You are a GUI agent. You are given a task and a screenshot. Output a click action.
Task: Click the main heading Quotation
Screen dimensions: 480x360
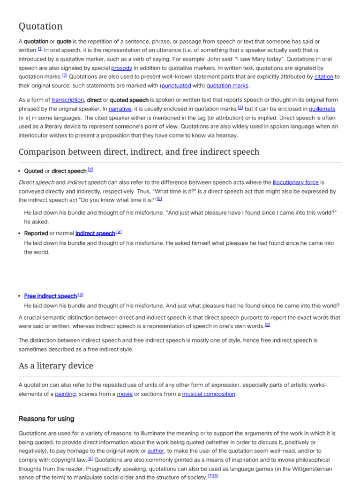pyautogui.click(x=40, y=26)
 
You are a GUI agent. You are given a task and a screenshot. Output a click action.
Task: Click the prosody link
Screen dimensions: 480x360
pyautogui.click(x=121, y=68)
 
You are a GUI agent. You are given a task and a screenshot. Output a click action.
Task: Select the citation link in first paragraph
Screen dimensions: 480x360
pyautogui.click(x=323, y=77)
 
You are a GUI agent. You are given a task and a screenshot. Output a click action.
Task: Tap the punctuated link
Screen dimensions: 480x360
pyautogui.click(x=176, y=86)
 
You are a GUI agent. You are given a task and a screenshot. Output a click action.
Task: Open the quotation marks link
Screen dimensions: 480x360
pyautogui.click(x=228, y=86)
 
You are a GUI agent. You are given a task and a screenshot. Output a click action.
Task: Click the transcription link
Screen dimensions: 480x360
pyautogui.click(x=67, y=100)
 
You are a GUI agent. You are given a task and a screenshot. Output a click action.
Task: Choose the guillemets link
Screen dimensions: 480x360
pyautogui.click(x=322, y=109)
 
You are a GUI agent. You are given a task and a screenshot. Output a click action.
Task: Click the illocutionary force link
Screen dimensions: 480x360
pyautogui.click(x=295, y=183)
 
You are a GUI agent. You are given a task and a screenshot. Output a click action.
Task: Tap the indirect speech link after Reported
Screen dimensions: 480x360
pyautogui.click(x=95, y=233)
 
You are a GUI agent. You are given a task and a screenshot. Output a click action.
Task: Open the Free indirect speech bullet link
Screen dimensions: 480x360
pyautogui.click(x=50, y=296)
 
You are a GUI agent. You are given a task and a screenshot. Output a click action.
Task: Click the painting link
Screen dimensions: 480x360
pyautogui.click(x=65, y=394)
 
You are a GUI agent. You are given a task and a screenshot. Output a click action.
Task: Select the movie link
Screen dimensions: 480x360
pyautogui.click(x=125, y=394)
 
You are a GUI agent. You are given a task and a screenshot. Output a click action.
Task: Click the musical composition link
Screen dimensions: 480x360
pyautogui.click(x=209, y=394)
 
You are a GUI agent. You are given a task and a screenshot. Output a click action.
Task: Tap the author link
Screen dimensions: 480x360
pyautogui.click(x=156, y=451)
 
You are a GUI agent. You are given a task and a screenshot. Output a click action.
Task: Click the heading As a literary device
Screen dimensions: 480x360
pyautogui.click(x=56, y=366)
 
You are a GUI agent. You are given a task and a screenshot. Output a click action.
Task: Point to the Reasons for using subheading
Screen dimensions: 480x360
pyautogui.click(x=46, y=419)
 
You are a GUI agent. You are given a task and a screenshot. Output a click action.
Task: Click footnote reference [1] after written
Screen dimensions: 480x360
pyautogui.click(x=40, y=49)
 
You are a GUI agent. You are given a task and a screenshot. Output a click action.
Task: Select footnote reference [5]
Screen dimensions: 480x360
pyautogui.click(x=159, y=199)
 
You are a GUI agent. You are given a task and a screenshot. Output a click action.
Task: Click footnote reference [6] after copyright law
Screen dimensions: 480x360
pyautogui.click(x=90, y=458)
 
